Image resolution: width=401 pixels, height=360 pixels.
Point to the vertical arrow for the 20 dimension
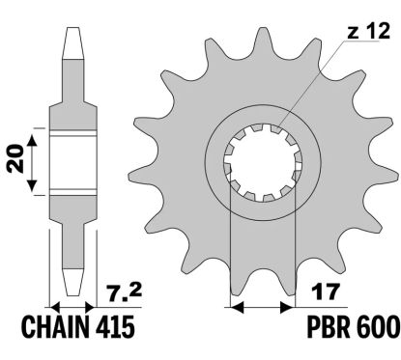click(x=34, y=160)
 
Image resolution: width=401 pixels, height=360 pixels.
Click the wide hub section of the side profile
click(x=73, y=160)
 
